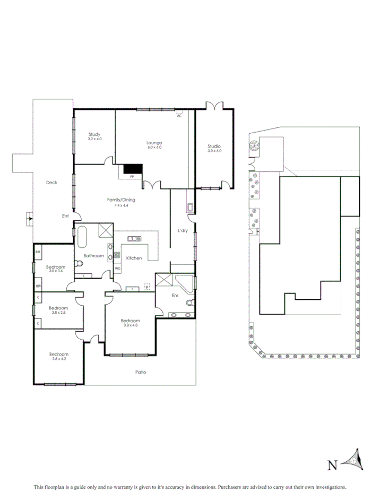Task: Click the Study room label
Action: pyautogui.click(x=94, y=134)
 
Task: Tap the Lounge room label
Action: pyautogui.click(x=154, y=143)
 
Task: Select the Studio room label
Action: pyautogui.click(x=214, y=146)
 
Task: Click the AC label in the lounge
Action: pyautogui.click(x=179, y=115)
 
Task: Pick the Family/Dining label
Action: pyautogui.click(x=121, y=200)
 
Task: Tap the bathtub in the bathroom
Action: pyautogui.click(x=82, y=238)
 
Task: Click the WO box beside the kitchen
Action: pyautogui.click(x=117, y=269)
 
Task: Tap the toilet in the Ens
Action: pyautogui.click(x=190, y=303)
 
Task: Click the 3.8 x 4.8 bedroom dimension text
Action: pyautogui.click(x=130, y=325)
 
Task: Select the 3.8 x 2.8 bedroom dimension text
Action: pyautogui.click(x=58, y=313)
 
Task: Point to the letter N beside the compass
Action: pyautogui.click(x=332, y=465)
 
